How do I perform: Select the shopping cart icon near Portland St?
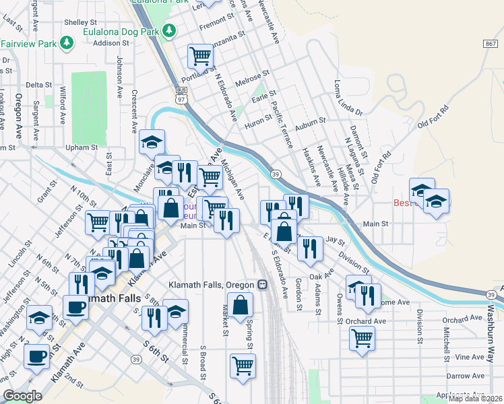pos(200,56)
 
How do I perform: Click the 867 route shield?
pos(490,43)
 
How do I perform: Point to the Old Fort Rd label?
pos(433,117)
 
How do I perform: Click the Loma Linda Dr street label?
pos(348,98)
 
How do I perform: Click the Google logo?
pos(22,396)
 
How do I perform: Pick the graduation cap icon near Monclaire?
pos(152,142)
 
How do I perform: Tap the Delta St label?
pos(38,86)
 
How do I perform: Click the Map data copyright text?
pos(474,399)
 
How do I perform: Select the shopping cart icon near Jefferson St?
pos(98,220)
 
